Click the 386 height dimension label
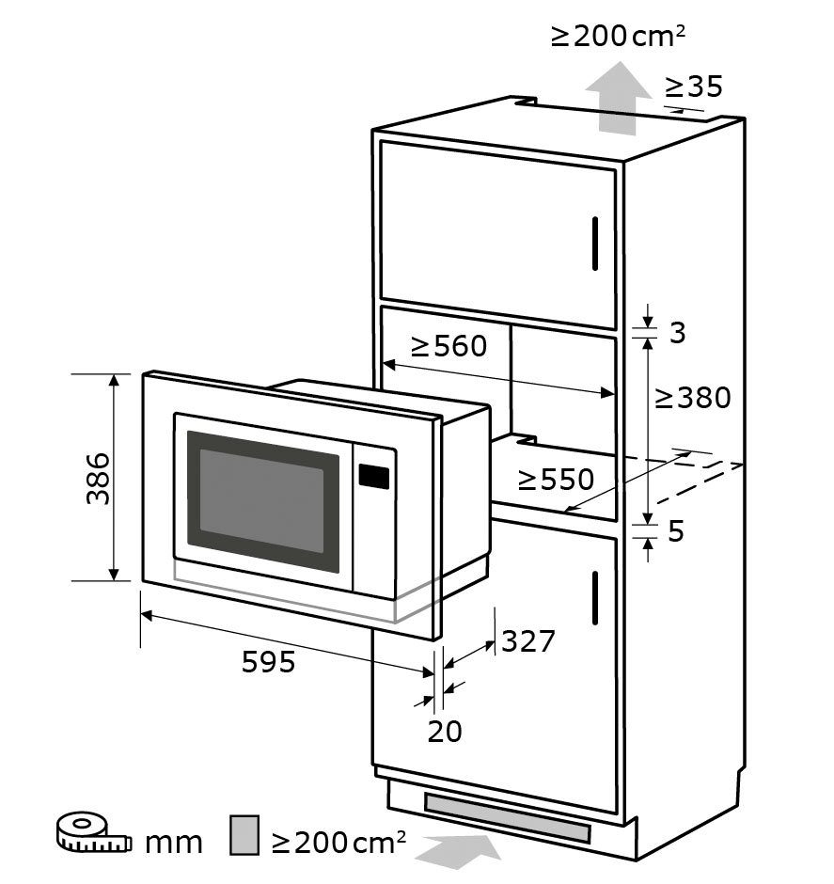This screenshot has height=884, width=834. click(98, 478)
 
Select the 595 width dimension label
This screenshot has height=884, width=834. click(268, 661)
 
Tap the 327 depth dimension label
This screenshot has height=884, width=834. click(528, 641)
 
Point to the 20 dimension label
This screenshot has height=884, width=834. click(445, 732)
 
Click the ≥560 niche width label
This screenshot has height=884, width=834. click(448, 345)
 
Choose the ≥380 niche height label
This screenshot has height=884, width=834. click(693, 398)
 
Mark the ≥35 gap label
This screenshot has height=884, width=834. click(694, 87)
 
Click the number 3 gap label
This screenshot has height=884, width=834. click(677, 332)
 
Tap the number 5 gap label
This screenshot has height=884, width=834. click(676, 531)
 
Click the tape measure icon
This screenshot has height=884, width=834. click(93, 831)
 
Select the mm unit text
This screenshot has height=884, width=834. click(174, 843)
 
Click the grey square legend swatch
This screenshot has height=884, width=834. click(244, 834)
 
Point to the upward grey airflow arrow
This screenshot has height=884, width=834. click(618, 99)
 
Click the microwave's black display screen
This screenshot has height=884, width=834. click(373, 477)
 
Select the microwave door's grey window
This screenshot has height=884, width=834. click(262, 501)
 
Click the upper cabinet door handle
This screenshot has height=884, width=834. click(595, 244)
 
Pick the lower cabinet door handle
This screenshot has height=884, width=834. click(595, 597)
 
